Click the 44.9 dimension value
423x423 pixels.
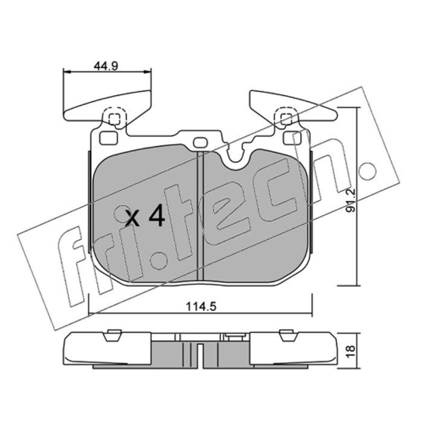click(x=106, y=66)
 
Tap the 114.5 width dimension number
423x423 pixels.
click(x=201, y=307)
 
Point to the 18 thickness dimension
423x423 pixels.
click(x=351, y=352)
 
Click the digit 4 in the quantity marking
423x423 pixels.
click(x=157, y=215)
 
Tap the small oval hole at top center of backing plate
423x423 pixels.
click(x=200, y=142)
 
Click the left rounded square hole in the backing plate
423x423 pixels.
click(x=108, y=138)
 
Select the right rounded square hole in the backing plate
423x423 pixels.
click(x=293, y=138)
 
